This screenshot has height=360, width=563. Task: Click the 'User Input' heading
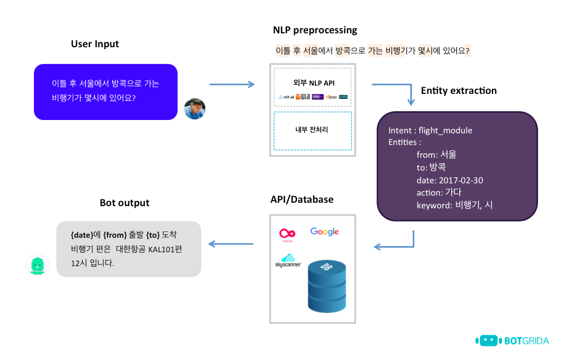pos(95,44)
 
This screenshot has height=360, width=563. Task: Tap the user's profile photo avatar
pos(195,109)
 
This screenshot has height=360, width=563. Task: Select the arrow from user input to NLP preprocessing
pos(232,84)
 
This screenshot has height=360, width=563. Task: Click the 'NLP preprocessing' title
pos(315,30)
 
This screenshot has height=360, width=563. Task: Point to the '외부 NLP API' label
pos(314,83)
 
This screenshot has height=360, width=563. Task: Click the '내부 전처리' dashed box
pos(313,131)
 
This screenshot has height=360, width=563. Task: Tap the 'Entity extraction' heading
pos(459,91)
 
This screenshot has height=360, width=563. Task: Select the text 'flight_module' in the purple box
pos(445,131)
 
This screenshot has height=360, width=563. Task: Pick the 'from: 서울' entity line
pos(436,155)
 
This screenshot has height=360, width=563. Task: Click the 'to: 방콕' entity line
pos(431,168)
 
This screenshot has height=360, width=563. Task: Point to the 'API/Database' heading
pos(302,199)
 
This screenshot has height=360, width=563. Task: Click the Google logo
pos(325,232)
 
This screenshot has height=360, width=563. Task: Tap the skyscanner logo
pos(288,260)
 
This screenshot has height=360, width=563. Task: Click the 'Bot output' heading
pos(124,203)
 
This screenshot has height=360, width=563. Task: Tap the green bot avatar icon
pos(38,265)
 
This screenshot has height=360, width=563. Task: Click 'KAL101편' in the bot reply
pos(165,249)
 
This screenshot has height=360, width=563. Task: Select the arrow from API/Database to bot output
pos(231,244)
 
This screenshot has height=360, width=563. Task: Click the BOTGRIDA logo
pos(512,340)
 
